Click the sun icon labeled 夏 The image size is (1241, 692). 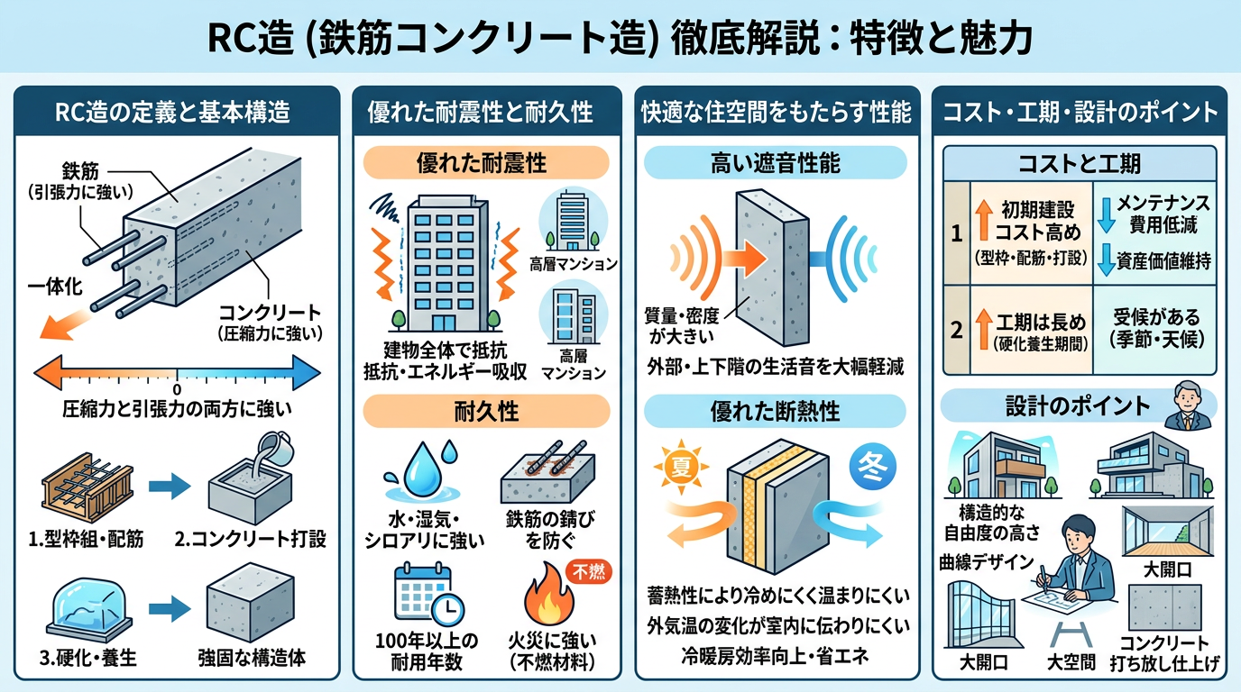tap(679, 467)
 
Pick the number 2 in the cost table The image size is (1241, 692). tap(957, 329)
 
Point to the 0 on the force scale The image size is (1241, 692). tap(177, 389)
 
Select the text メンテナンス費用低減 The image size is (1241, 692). tap(1155, 214)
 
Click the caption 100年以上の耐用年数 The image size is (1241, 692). tap(427, 651)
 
